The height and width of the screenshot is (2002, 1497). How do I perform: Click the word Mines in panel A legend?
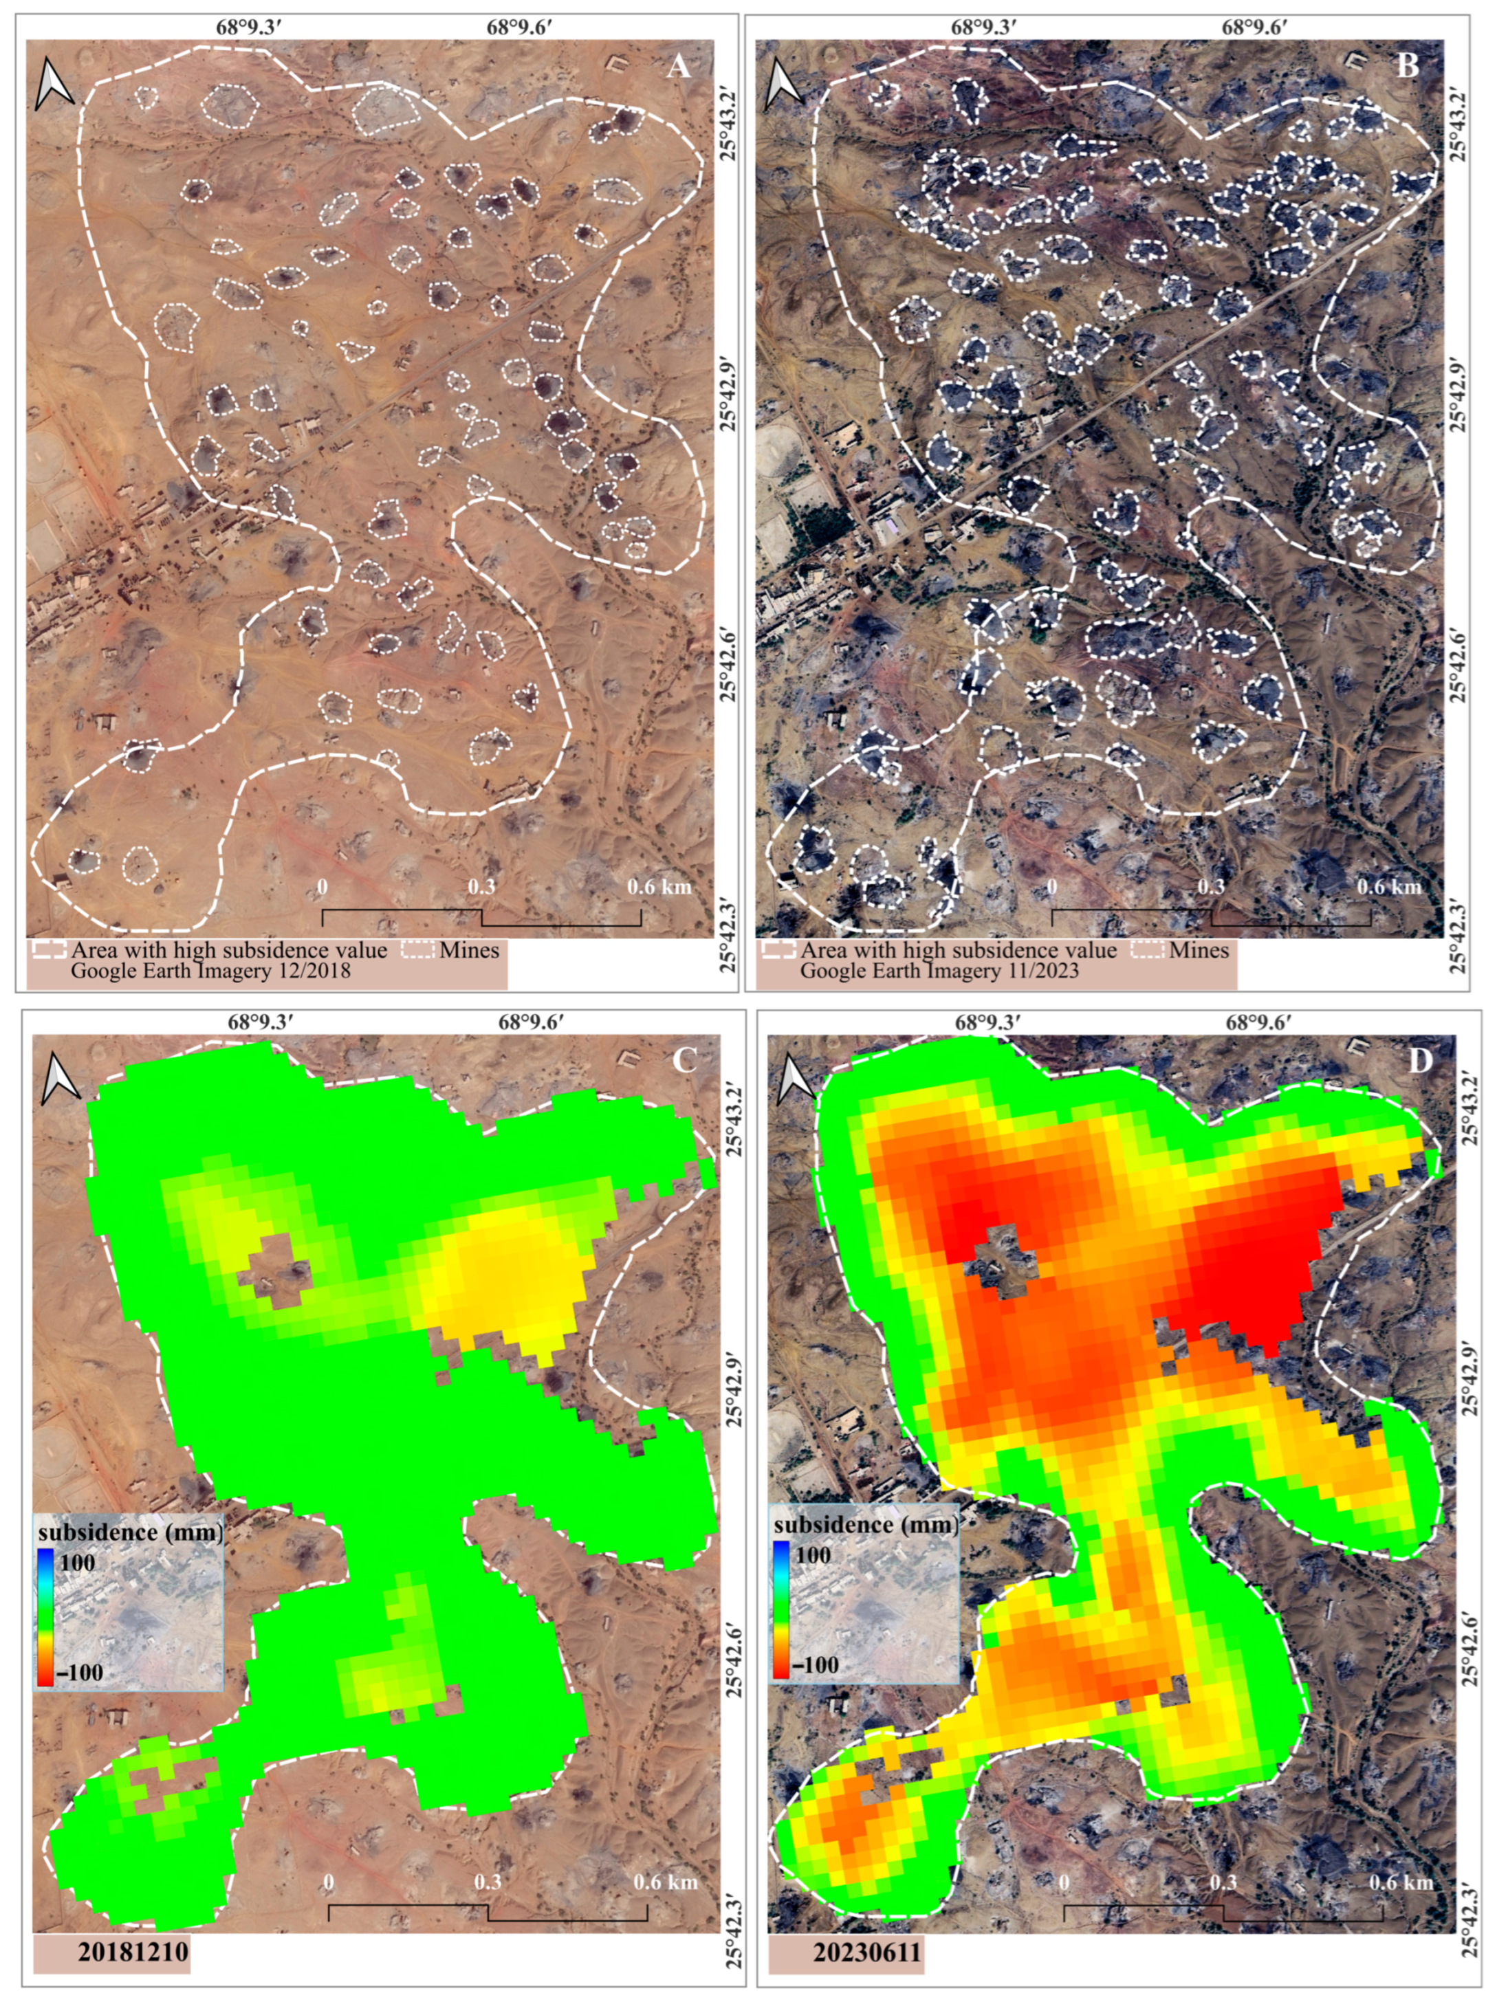point(470,949)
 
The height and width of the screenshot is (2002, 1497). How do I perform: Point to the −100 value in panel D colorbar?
point(815,1664)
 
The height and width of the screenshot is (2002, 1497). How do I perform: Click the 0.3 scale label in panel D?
point(1223,1882)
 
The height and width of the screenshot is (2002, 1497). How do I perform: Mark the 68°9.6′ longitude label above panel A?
point(520,27)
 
